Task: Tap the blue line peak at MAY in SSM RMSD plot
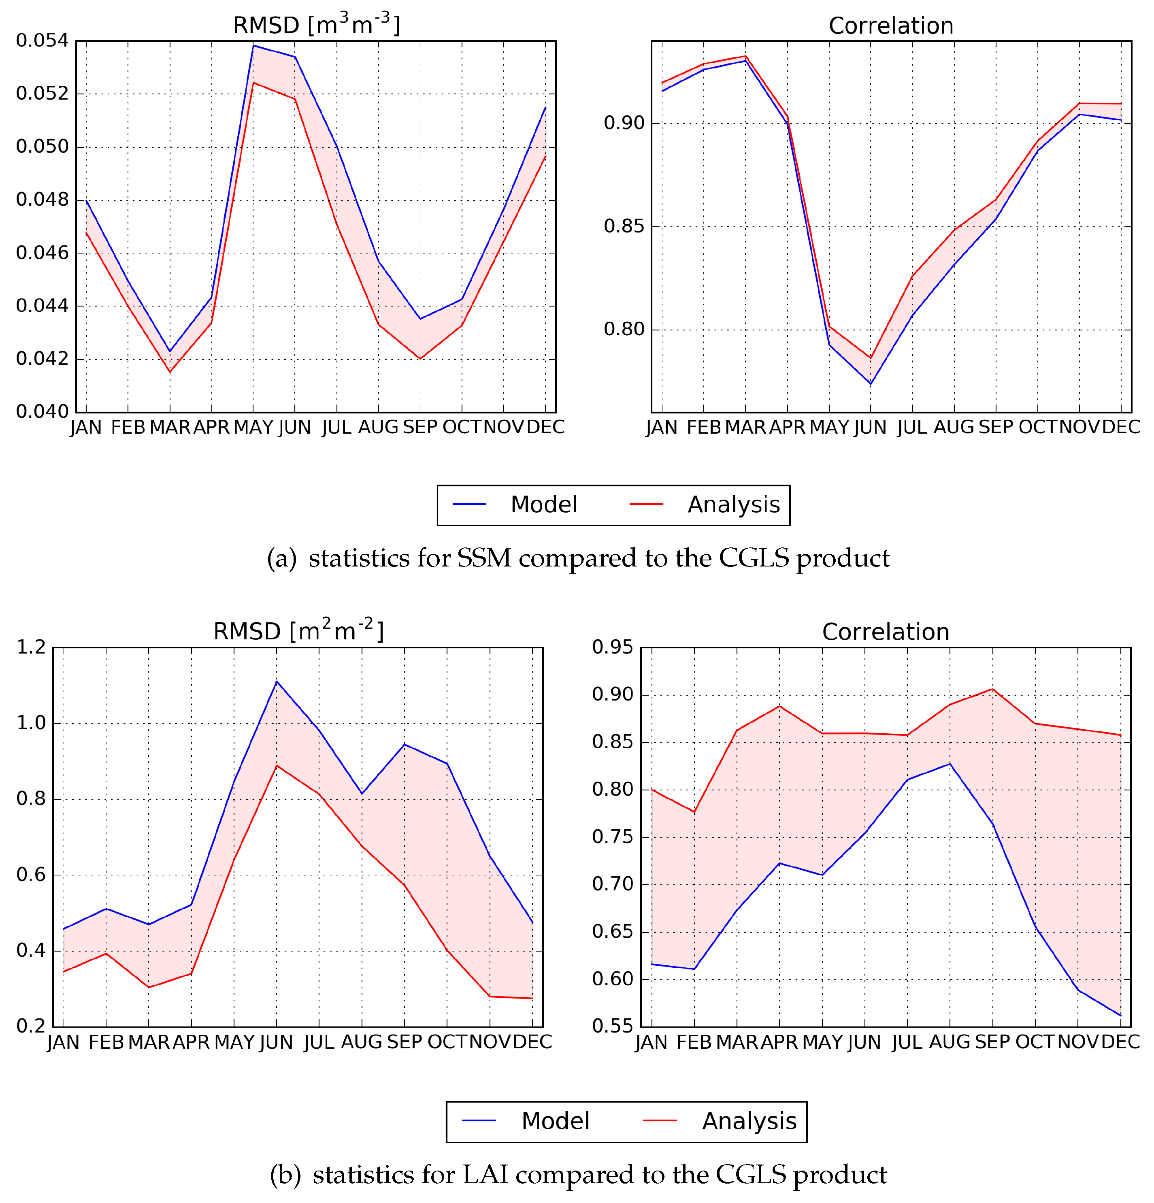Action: [x=253, y=45]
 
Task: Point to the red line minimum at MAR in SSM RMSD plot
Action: [x=170, y=372]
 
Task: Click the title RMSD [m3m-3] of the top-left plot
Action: [x=316, y=25]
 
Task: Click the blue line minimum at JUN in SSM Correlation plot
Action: [x=871, y=383]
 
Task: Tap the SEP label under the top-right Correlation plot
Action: [x=996, y=427]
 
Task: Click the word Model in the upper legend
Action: [x=543, y=505]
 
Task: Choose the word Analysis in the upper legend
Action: [x=734, y=505]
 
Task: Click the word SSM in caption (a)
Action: [x=484, y=558]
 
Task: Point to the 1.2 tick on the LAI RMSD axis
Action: [x=31, y=647]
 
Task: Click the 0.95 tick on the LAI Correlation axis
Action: [x=612, y=647]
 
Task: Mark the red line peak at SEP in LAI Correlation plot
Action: [x=992, y=689]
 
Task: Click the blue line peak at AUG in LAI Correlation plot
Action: [x=950, y=764]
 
